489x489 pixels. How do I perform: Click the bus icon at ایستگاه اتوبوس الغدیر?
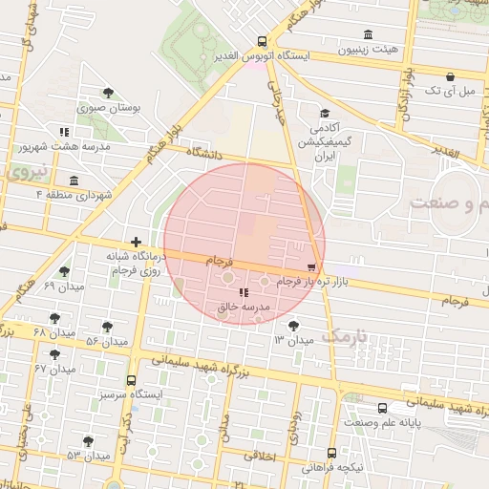[262, 42]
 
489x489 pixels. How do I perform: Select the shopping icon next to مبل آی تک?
[450, 75]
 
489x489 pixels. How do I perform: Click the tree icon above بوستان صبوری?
[108, 94]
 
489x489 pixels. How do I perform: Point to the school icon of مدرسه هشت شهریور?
[64, 132]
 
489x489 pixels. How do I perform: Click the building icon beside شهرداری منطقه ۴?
[74, 181]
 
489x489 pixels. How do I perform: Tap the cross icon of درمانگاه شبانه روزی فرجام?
[137, 243]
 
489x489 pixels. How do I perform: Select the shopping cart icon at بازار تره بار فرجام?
[311, 267]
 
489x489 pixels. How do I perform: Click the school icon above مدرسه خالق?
[243, 292]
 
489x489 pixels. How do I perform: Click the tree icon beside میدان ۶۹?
[64, 272]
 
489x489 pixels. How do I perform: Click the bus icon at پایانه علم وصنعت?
[382, 407]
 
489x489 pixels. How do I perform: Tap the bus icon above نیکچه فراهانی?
[331, 453]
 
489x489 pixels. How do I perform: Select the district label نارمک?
[345, 336]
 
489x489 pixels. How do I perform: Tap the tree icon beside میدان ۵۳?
[88, 441]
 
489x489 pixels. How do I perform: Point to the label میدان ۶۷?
[54, 368]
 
